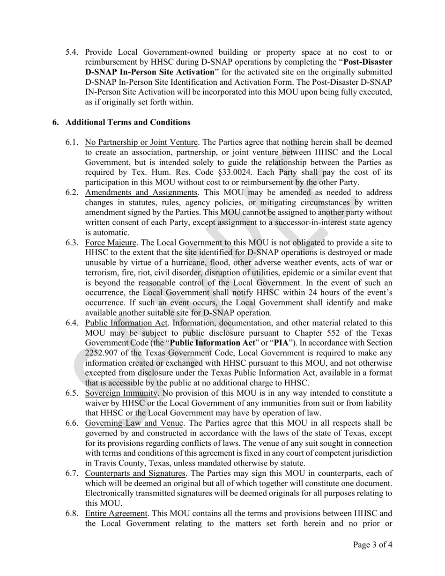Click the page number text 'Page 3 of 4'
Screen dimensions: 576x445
(x=372, y=545)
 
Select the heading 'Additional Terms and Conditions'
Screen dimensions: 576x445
(x=128, y=122)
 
